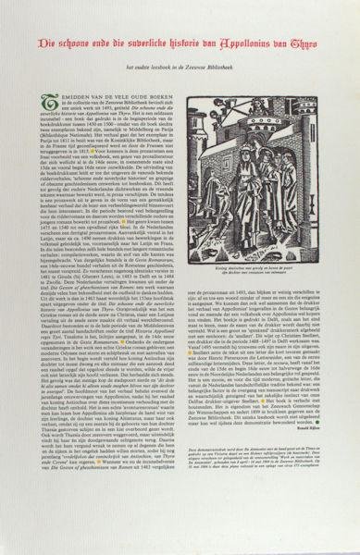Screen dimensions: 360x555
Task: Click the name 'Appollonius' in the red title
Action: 265,43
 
